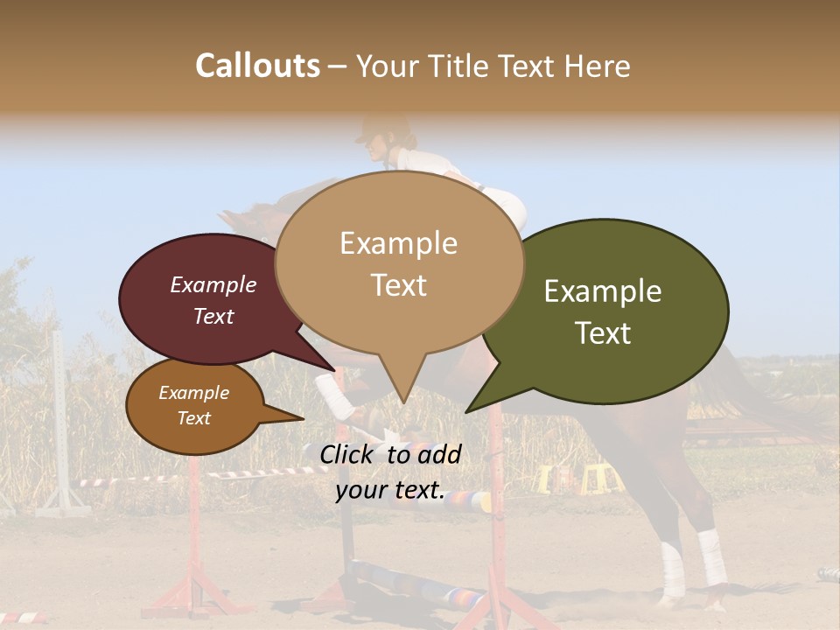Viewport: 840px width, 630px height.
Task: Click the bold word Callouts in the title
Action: (257, 66)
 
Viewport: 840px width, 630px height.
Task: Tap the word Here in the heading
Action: (598, 66)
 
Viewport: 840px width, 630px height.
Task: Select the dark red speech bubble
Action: (201, 297)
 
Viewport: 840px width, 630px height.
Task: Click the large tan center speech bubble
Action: (399, 262)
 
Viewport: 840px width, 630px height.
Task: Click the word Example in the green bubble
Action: (603, 291)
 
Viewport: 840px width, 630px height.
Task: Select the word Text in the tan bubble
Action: (399, 285)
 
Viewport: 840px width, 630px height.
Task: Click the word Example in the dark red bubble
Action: (213, 284)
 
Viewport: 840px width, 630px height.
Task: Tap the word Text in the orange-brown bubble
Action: (194, 418)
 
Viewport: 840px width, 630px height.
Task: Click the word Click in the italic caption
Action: (347, 454)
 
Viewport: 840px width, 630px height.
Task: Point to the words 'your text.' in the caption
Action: (390, 491)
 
